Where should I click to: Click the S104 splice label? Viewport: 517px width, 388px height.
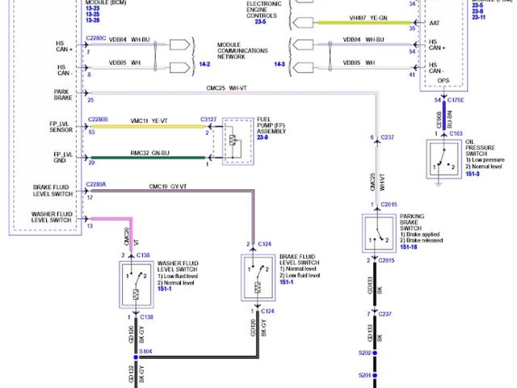click(146, 352)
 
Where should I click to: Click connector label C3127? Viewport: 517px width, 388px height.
click(209, 118)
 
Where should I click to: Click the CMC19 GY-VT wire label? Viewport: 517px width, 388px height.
click(168, 187)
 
